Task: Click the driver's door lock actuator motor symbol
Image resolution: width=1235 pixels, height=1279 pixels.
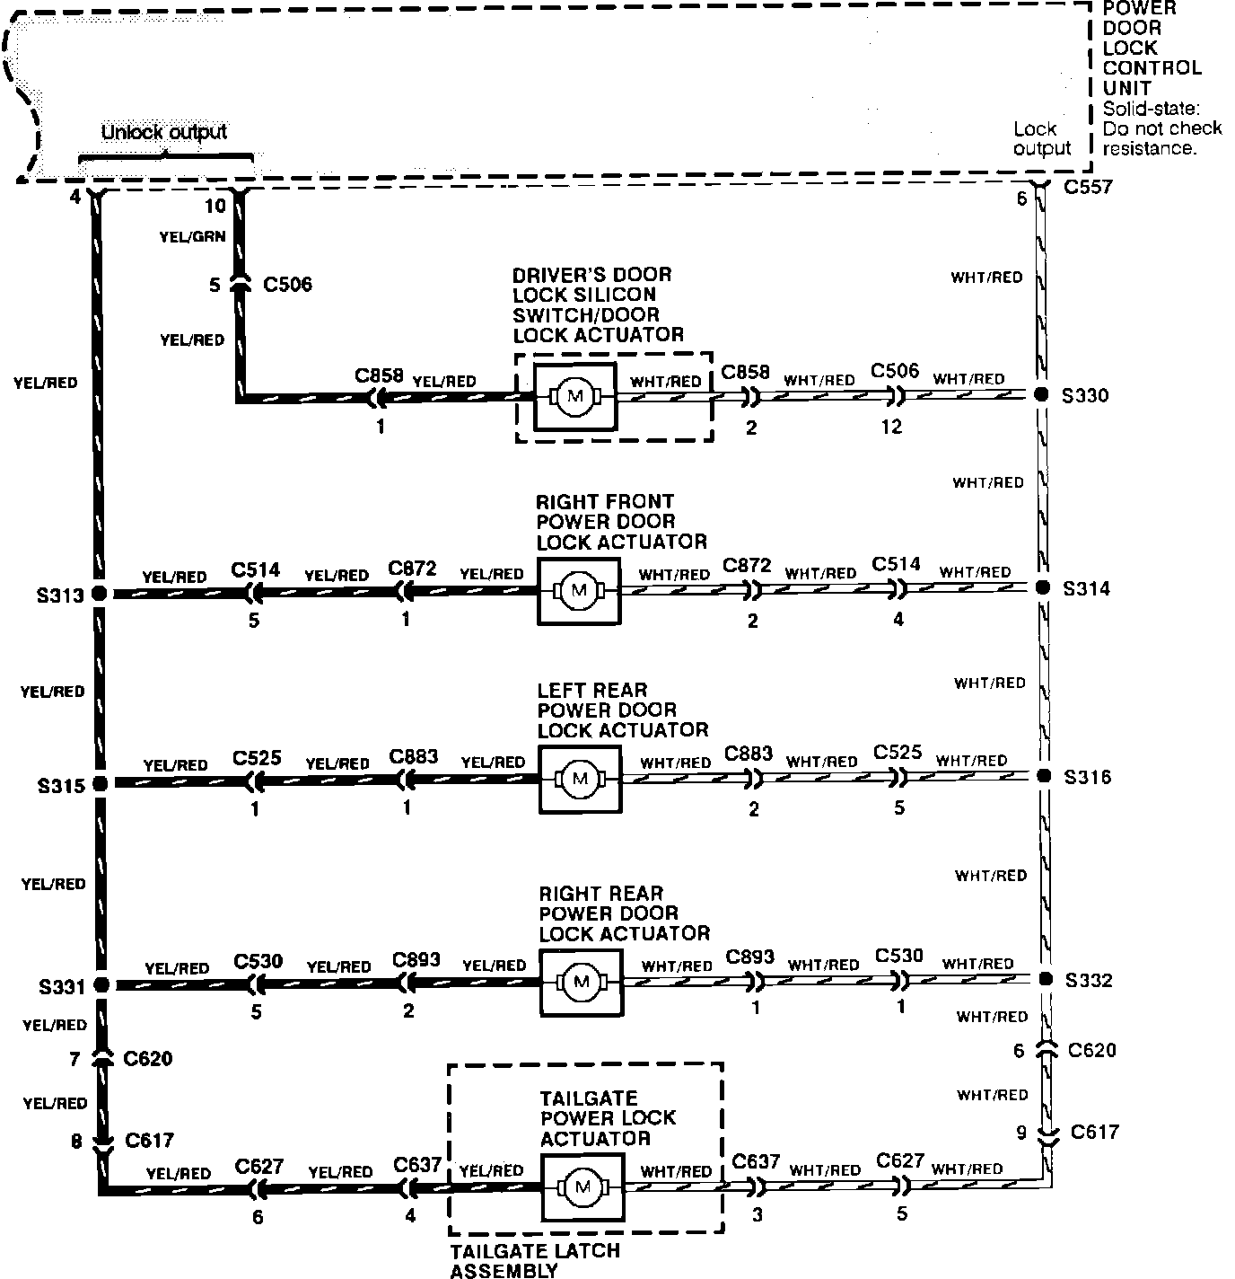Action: point(574,396)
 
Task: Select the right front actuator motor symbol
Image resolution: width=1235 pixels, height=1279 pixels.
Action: point(578,590)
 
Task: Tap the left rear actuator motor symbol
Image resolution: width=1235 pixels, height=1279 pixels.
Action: point(579,778)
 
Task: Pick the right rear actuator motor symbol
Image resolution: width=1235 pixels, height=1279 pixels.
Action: point(581,981)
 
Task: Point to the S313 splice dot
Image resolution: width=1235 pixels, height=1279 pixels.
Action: point(100,594)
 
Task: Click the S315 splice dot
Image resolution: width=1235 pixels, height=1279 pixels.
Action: point(100,783)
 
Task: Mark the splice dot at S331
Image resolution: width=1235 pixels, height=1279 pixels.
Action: point(101,984)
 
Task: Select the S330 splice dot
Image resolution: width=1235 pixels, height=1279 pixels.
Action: point(1041,394)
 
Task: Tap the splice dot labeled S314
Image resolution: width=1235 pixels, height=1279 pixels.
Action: point(1042,587)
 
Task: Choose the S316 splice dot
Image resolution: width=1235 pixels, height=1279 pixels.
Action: point(1043,775)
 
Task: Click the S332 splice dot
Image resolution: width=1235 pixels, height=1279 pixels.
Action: point(1044,978)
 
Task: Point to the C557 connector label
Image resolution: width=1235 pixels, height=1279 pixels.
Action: point(1088,187)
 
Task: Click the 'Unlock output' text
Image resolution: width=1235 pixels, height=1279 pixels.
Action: point(164,132)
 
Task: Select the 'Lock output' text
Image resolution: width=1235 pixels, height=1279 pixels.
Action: point(1040,138)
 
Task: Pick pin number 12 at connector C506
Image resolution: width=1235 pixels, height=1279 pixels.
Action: point(891,427)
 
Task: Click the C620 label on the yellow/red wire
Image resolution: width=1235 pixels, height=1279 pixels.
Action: point(148,1059)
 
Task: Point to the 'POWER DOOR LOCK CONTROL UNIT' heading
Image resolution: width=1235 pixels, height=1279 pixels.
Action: point(1151,48)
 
